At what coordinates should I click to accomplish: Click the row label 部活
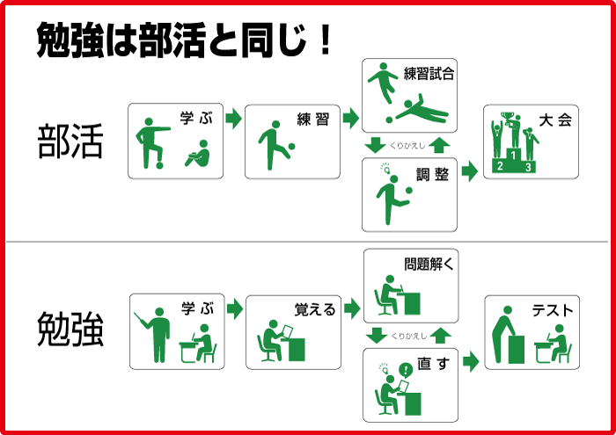coord(71,142)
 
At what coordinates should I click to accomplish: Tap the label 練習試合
coord(429,75)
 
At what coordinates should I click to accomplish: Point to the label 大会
coord(556,120)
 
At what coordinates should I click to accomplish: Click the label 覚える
coord(314,309)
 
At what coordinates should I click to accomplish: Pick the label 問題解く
coord(429,264)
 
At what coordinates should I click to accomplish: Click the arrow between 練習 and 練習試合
coord(350,118)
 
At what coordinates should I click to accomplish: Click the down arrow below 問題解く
coord(377,335)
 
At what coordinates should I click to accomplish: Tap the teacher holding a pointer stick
coord(158,332)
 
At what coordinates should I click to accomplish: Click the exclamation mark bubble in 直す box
coord(405,369)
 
